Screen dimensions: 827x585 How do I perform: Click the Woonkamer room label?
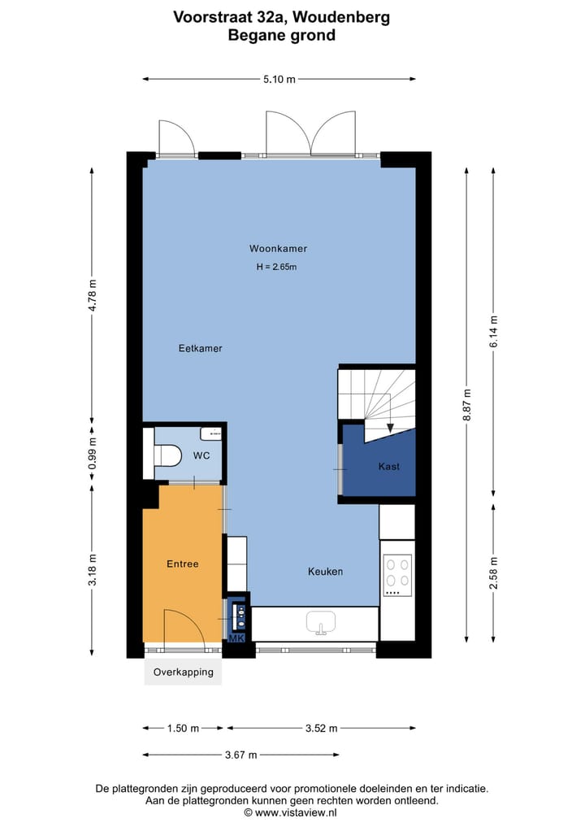click(278, 249)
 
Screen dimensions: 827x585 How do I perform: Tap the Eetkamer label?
click(200, 348)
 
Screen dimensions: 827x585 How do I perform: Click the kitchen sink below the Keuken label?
click(321, 624)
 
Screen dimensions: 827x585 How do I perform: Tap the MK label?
click(236, 639)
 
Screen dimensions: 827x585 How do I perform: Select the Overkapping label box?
click(183, 672)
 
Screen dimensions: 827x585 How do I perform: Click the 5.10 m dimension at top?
click(279, 79)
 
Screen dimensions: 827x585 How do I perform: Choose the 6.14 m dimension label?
click(493, 332)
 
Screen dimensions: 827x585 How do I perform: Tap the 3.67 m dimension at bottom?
click(240, 755)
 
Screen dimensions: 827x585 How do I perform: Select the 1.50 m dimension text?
click(183, 729)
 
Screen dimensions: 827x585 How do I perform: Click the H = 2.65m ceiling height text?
click(277, 267)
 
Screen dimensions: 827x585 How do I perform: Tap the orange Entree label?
click(183, 564)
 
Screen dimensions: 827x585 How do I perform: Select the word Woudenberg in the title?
click(345, 17)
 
